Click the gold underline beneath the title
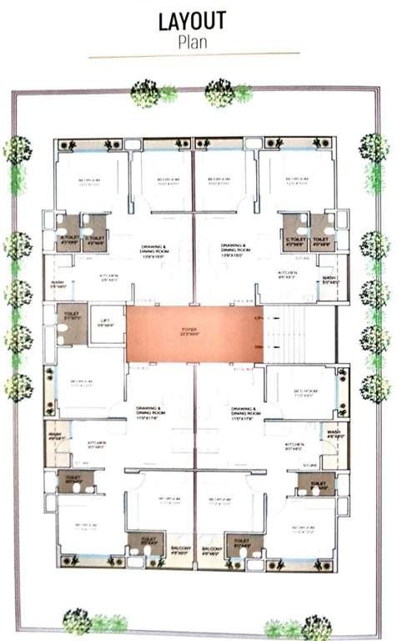(x=193, y=55)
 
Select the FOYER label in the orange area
(x=193, y=331)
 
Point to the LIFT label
(x=106, y=322)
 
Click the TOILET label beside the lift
(x=71, y=315)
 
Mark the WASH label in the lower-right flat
(x=334, y=433)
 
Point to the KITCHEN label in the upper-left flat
(x=109, y=276)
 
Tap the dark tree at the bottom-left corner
(x=77, y=620)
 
